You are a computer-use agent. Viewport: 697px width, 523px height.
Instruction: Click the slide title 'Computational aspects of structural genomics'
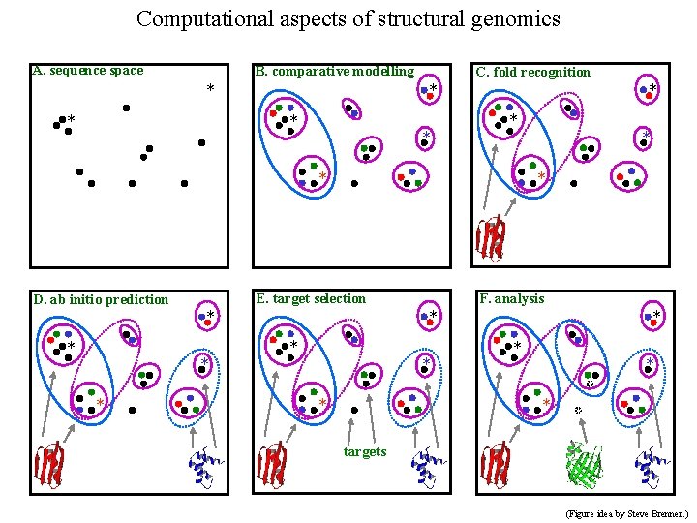tap(348, 18)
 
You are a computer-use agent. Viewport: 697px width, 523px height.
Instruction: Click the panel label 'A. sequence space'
tap(88, 70)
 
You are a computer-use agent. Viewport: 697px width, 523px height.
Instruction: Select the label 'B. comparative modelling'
tap(334, 71)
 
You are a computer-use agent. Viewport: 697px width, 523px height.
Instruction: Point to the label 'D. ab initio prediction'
tap(101, 299)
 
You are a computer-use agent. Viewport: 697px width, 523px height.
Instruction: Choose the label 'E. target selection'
tap(310, 298)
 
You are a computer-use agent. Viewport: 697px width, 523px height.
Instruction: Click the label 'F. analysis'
tap(512, 298)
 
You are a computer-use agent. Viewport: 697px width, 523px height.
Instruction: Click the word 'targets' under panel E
tap(365, 451)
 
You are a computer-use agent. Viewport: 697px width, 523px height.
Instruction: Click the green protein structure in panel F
tap(586, 466)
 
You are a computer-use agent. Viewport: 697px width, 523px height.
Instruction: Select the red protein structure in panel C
tap(492, 237)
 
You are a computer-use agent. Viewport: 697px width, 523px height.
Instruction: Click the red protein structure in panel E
tap(274, 465)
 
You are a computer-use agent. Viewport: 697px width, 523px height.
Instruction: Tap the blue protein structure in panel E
tap(427, 467)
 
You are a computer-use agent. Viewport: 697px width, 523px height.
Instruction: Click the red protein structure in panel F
tap(496, 465)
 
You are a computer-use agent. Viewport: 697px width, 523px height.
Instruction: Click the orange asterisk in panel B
tap(323, 175)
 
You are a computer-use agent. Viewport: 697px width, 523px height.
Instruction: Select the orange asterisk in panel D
tap(100, 403)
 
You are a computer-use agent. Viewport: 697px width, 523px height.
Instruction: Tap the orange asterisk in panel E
tap(323, 403)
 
